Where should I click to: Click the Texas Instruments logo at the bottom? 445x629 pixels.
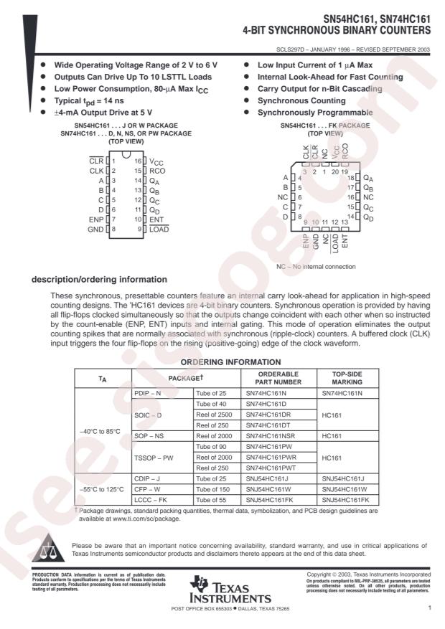tap(228, 591)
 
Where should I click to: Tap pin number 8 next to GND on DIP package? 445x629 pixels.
tap(113, 229)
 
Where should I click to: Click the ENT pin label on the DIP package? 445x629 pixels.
tap(157, 219)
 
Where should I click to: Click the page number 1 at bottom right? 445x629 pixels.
tap(428, 607)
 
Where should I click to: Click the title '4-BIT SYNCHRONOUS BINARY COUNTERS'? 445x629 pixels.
tap(338, 32)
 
